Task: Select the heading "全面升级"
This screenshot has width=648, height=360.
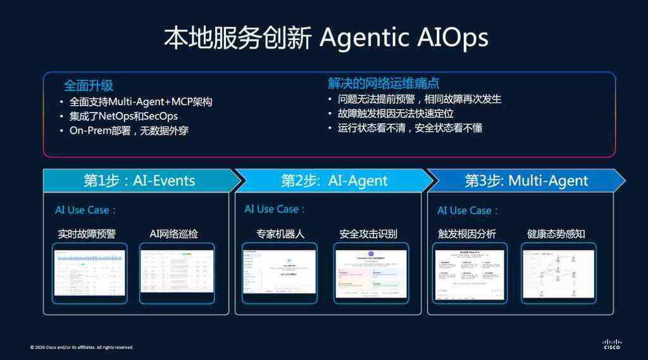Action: (x=89, y=85)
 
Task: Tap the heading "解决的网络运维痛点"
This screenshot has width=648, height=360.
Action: (x=383, y=84)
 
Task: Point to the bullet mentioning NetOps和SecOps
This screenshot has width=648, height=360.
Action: (x=123, y=116)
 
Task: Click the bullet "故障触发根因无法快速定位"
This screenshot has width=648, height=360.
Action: (x=396, y=114)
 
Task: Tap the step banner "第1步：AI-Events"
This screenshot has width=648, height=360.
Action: (x=139, y=180)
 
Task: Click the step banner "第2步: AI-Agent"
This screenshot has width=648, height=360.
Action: (x=334, y=180)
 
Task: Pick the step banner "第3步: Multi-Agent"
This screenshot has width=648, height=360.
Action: (x=526, y=180)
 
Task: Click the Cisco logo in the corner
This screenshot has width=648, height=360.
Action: (x=611, y=344)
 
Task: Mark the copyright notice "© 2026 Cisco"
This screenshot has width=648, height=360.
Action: (x=82, y=347)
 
